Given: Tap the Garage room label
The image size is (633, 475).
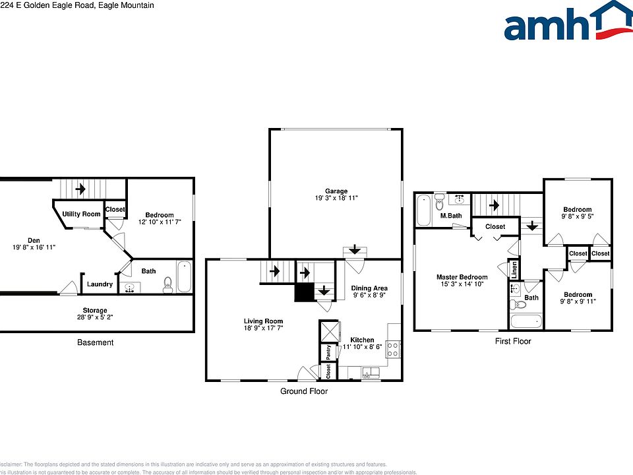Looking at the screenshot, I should pyautogui.click(x=336, y=191).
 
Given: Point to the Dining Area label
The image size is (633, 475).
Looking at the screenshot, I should pyautogui.click(x=369, y=288).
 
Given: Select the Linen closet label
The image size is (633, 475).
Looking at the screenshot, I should pyautogui.click(x=514, y=270).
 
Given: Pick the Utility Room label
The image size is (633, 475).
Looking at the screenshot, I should pyautogui.click(x=81, y=214).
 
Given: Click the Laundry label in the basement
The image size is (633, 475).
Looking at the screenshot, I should pyautogui.click(x=100, y=284).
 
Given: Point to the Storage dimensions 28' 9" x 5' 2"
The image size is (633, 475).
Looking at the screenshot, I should pyautogui.click(x=95, y=318).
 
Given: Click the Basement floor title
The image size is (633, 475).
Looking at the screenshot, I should pyautogui.click(x=95, y=342).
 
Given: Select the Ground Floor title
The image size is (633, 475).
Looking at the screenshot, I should pyautogui.click(x=303, y=391).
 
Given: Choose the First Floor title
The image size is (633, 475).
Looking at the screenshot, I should pyautogui.click(x=513, y=341).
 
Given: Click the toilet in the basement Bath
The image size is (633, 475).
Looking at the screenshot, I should pyautogui.click(x=167, y=285).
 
